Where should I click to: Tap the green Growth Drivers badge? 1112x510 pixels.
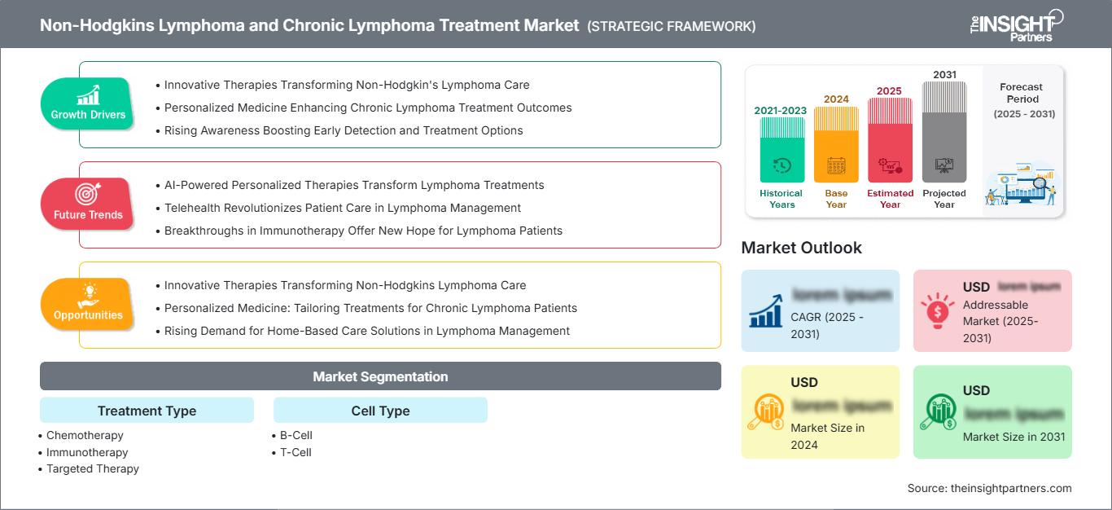click(x=88, y=104)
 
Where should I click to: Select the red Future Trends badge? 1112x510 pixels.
click(x=88, y=204)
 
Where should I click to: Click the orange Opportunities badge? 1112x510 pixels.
click(x=88, y=305)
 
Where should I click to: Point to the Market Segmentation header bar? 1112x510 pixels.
click(x=380, y=376)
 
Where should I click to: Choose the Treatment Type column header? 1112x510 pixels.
click(x=147, y=411)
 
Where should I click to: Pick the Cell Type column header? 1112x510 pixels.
click(x=380, y=411)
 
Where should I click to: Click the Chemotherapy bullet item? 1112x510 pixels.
click(x=85, y=435)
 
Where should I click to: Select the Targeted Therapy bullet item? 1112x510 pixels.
click(x=92, y=468)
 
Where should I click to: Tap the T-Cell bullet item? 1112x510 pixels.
click(x=296, y=452)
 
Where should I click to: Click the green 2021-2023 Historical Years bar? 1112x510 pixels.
click(x=781, y=150)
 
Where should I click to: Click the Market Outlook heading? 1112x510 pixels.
click(x=801, y=248)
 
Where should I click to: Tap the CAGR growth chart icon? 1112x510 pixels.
click(x=767, y=311)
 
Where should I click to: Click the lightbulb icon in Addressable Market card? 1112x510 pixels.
click(x=938, y=310)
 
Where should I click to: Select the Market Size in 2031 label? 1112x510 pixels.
click(x=1013, y=437)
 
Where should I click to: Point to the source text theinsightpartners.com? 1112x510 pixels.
click(x=989, y=488)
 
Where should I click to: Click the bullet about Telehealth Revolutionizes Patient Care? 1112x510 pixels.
click(x=342, y=208)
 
